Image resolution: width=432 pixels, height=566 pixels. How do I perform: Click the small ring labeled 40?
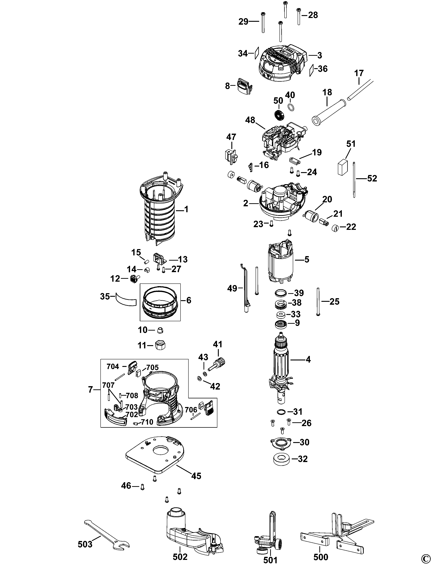(291, 107)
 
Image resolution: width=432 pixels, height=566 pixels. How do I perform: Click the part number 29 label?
(243, 22)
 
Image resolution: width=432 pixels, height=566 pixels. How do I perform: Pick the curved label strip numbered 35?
(126, 299)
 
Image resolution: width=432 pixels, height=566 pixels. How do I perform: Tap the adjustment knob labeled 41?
(219, 363)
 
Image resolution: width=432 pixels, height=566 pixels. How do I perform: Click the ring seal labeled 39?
(281, 293)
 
